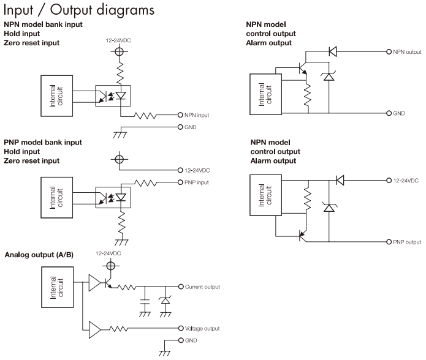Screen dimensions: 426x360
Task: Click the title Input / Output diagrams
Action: (x=79, y=10)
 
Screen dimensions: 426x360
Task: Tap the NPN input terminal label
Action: (x=197, y=115)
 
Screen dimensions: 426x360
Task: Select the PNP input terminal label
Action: (x=196, y=182)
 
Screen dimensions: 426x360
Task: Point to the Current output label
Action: (x=202, y=287)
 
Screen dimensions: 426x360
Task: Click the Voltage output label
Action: (x=202, y=329)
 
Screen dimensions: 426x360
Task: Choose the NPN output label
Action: (x=407, y=52)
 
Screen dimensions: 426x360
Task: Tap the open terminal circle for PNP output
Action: (x=389, y=242)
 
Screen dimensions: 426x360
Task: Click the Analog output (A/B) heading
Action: (x=39, y=255)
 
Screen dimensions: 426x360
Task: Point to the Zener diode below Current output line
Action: (x=165, y=301)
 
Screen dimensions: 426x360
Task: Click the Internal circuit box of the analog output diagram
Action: (x=58, y=287)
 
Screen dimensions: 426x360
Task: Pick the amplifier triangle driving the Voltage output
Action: (x=95, y=330)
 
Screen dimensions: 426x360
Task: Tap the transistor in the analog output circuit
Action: (x=108, y=283)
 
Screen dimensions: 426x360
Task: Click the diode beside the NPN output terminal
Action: (x=333, y=51)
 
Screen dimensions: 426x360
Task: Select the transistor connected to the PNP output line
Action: (x=303, y=236)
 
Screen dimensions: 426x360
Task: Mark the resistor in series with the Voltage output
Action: (x=119, y=329)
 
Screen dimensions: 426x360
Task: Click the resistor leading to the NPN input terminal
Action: (x=145, y=116)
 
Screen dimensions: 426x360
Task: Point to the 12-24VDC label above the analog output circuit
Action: (x=108, y=253)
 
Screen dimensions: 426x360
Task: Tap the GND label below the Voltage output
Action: (x=191, y=340)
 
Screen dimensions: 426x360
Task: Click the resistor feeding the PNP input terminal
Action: (x=146, y=183)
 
